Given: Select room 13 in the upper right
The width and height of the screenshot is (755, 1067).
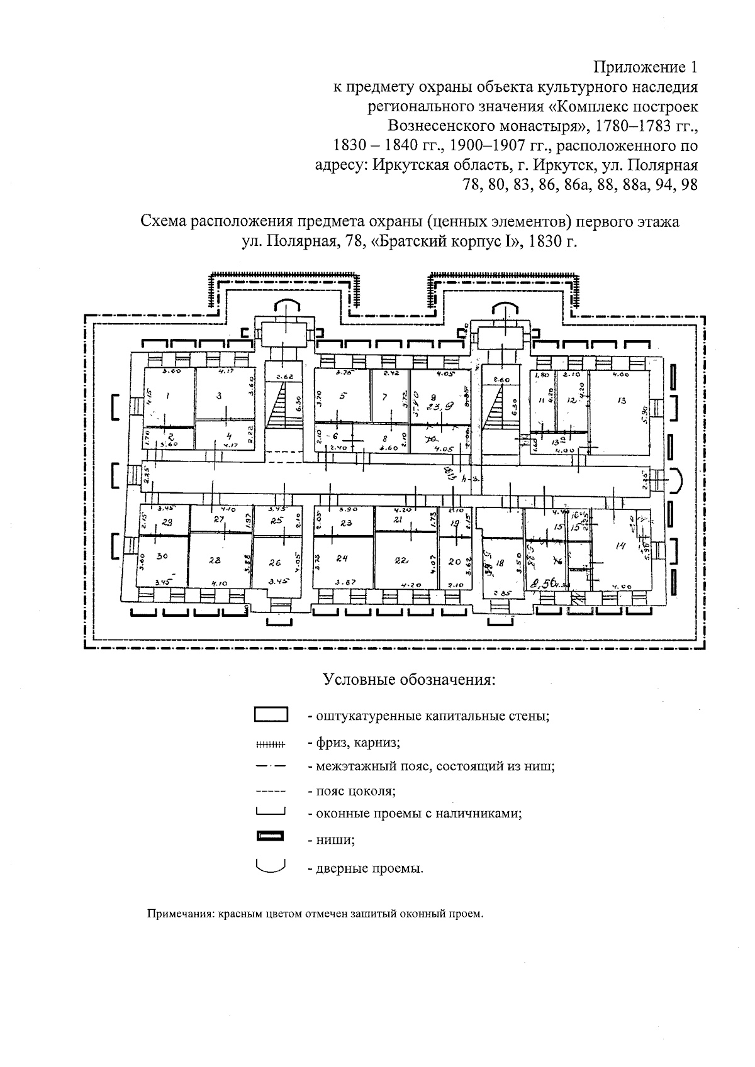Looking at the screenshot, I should pos(622,400).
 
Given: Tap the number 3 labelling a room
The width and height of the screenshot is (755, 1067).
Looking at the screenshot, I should pos(219,395).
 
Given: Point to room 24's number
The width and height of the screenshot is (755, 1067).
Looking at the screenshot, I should pos(342,558).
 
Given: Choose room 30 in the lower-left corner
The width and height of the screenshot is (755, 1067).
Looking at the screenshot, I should pos(162,556).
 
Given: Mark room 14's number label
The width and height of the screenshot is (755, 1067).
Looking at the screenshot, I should pos(619,546).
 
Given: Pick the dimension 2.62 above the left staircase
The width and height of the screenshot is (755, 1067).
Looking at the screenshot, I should pos(284,377).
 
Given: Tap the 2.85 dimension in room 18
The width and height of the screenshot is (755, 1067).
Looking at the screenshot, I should pos(502,593).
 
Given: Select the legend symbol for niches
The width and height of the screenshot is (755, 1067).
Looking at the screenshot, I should pos(271,836).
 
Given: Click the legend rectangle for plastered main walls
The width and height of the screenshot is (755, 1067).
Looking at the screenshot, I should pos(271,715).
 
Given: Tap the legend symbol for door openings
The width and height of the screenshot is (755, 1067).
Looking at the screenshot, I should pos(271,866).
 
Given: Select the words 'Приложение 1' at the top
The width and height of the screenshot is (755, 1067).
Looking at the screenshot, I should pos(646,67).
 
